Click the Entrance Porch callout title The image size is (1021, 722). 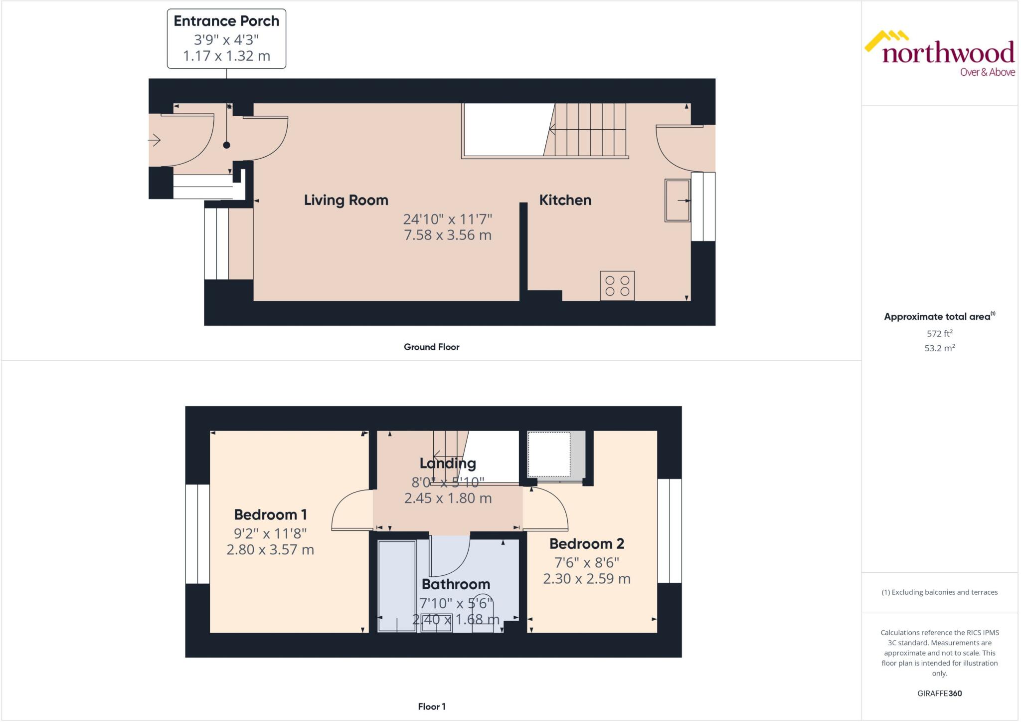[226, 21]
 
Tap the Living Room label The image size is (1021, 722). [346, 200]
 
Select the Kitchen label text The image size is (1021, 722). [565, 200]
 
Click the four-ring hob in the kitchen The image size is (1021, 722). [617, 286]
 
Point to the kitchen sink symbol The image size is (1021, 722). [677, 201]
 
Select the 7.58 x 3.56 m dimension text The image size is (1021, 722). [447, 235]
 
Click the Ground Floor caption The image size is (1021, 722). [431, 347]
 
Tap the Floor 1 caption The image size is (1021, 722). [431, 707]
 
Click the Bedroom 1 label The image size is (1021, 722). [270, 514]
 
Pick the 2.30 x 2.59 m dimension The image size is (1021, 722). [586, 579]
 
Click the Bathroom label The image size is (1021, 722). [456, 584]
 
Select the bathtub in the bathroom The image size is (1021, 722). [397, 586]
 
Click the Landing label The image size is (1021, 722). [447, 463]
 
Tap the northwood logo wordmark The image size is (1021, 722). [948, 52]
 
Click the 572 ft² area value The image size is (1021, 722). [939, 333]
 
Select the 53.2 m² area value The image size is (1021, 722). [939, 348]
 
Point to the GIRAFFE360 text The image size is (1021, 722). [939, 693]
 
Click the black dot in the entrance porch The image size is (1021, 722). [227, 145]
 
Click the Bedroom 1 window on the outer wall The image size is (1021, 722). [197, 533]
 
